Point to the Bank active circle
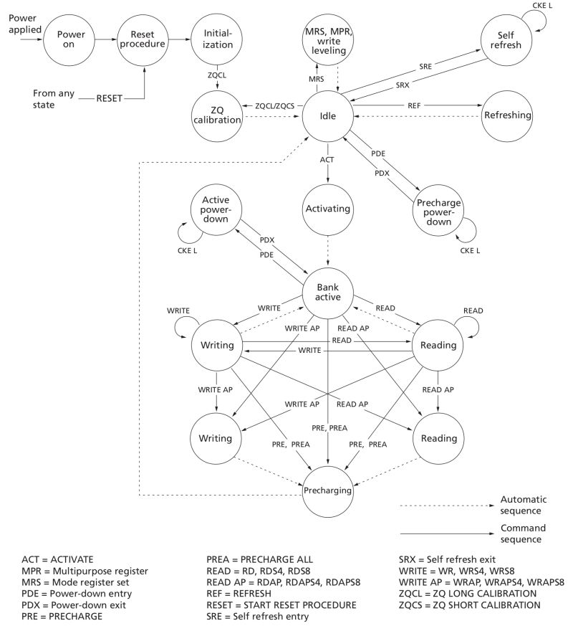(329, 291)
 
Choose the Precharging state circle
(329, 492)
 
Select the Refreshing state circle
(507, 115)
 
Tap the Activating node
(329, 209)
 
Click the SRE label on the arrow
(425, 65)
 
